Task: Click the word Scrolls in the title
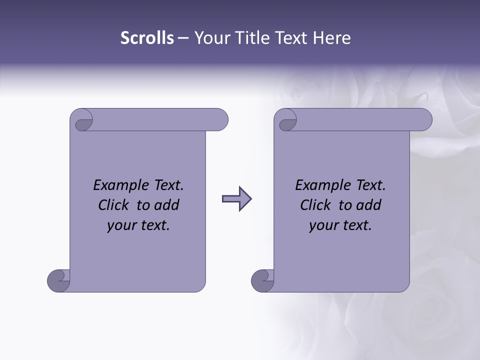click(147, 38)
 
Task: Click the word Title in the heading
click(252, 38)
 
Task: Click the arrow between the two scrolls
click(236, 199)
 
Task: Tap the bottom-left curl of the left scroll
click(58, 280)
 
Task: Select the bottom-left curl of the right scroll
click(262, 280)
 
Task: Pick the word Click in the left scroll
click(114, 205)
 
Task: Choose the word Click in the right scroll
click(316, 205)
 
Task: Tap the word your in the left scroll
click(120, 226)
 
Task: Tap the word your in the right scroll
click(322, 226)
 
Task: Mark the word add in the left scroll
click(167, 205)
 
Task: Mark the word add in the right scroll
click(369, 205)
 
